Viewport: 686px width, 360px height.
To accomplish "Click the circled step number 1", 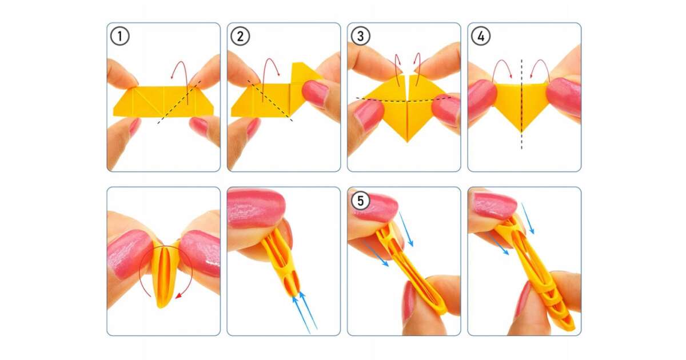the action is coord(119,36).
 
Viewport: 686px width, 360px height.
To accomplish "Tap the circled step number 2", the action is coord(240,36).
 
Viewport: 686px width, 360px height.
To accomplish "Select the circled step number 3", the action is coord(361,36).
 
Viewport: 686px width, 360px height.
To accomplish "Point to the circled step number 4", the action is coord(481,36).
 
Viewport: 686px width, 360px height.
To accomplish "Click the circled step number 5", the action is coord(361,201).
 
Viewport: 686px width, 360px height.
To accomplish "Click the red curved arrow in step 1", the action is coord(181,62).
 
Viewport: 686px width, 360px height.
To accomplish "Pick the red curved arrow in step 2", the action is coord(270,59).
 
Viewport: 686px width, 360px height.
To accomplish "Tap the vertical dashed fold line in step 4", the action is coord(522,104).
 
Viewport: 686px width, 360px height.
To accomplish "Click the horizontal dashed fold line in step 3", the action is coord(404,100).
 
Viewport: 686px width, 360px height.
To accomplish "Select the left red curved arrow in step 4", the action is coord(502,61).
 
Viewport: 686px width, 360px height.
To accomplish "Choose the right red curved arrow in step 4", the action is coord(540,61).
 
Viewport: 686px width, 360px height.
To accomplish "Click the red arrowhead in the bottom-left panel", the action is coord(178,296).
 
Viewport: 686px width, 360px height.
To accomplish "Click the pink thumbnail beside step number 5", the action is coord(377,207).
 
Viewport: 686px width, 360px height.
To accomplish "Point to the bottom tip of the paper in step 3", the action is coord(407,142).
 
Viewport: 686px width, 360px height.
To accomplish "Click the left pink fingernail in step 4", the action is coord(482,100).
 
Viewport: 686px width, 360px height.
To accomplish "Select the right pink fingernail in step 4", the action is coord(564,97).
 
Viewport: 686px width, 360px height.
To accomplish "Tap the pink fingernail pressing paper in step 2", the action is coord(316,94).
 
